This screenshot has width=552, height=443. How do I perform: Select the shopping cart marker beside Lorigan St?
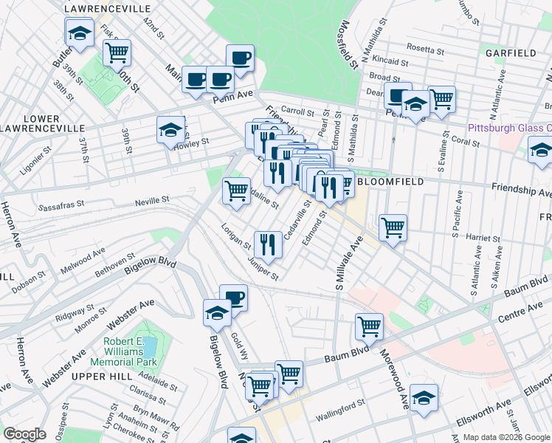pyautogui.click(x=236, y=191)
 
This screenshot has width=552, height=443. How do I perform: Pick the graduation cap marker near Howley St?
pyautogui.click(x=170, y=131)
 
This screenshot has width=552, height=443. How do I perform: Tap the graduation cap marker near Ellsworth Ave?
pyautogui.click(x=424, y=399)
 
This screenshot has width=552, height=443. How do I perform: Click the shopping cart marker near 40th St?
pyautogui.click(x=117, y=53)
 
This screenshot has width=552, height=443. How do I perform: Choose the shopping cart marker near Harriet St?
pyautogui.click(x=393, y=227)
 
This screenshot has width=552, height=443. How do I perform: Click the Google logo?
pyautogui.click(x=24, y=434)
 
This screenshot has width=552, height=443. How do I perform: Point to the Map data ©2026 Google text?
pyautogui.click(x=506, y=437)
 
